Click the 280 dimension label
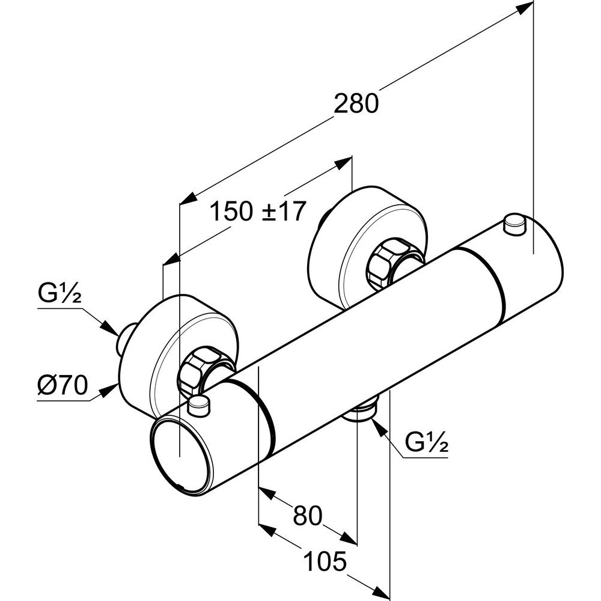356,103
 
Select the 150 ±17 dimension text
258,211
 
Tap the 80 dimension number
307,516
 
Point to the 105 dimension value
325,561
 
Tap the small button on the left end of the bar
200,406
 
